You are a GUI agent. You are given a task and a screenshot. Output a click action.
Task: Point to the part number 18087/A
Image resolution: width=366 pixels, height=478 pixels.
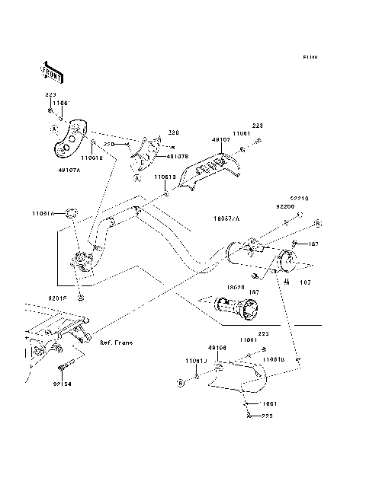click(x=226, y=218)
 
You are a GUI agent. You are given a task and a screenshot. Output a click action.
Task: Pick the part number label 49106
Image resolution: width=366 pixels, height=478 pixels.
click(x=217, y=346)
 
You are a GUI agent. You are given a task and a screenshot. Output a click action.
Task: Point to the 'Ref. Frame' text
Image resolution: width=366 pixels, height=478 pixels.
click(x=116, y=343)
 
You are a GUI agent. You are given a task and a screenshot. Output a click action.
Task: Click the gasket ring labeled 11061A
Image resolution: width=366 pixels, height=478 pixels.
click(x=68, y=212)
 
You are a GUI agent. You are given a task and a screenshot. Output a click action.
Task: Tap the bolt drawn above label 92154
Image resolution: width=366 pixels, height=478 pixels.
click(x=68, y=365)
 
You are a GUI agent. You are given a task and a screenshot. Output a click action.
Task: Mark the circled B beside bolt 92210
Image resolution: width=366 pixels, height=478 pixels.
click(x=319, y=222)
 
